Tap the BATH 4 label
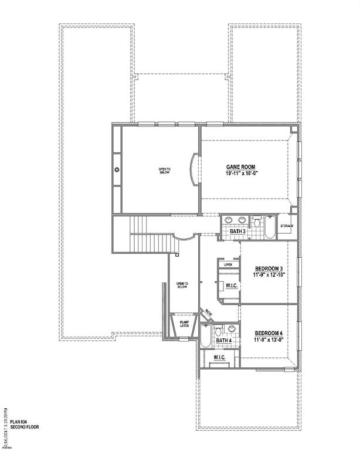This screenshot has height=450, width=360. tap(223, 340)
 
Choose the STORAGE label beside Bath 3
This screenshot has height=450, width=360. tap(287, 226)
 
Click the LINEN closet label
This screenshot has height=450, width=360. tap(228, 265)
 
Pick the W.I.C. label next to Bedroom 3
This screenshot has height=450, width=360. tap(231, 286)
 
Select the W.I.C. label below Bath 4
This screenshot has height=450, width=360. tap(219, 357)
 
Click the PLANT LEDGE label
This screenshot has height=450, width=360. tap(184, 323)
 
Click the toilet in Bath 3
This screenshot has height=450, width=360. tap(257, 221)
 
